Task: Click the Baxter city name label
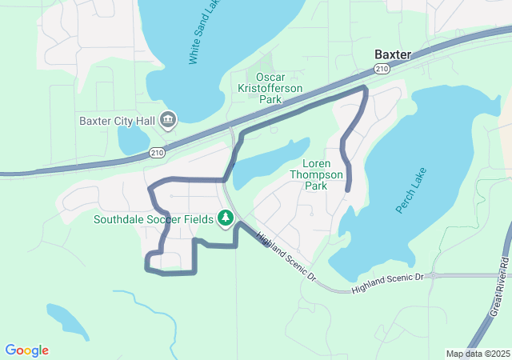pos(393,54)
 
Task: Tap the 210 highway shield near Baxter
pos(382,70)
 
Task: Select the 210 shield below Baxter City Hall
pos(158,151)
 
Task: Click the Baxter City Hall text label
pos(116,122)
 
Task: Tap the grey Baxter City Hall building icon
pos(168,121)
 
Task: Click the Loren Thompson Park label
pos(316,174)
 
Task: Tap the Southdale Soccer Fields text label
pos(153,218)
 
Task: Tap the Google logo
pos(26,350)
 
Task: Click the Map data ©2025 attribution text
pos(477,354)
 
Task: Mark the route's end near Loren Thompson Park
pos(349,190)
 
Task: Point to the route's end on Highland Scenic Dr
pos(267,244)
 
